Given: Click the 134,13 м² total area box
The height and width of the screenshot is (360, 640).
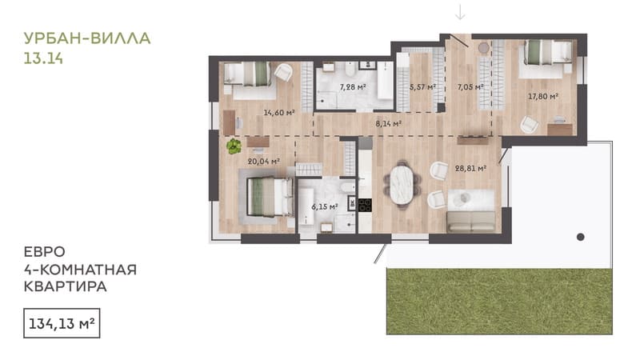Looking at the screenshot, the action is (62, 323).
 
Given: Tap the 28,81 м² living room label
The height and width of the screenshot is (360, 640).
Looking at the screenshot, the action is (470, 168).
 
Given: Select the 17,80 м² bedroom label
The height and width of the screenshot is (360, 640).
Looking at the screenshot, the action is (543, 96).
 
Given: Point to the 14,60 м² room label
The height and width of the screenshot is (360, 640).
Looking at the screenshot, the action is (278, 112).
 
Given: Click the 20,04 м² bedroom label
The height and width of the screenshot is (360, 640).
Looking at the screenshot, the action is (264, 162).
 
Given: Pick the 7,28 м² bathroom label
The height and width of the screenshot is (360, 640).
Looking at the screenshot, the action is (353, 86).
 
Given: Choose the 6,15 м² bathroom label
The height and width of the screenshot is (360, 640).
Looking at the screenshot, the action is (325, 207).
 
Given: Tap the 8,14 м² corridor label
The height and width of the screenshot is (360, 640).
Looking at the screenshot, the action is (389, 123).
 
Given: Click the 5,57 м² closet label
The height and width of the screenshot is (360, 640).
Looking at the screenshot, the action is (422, 86).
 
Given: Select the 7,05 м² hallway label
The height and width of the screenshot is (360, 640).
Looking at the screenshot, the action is (470, 86).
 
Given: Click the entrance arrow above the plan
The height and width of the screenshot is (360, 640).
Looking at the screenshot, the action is (460, 12).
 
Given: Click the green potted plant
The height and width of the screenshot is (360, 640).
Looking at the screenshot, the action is (234, 146).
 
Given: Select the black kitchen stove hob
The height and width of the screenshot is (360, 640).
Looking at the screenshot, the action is (365, 205).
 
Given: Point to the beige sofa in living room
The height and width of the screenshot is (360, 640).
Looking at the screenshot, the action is (471, 222).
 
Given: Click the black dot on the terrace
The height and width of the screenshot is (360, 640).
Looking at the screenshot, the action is (581, 237).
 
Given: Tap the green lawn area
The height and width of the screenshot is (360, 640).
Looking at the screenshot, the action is (499, 302).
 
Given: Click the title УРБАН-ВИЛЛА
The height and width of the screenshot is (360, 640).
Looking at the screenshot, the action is (87, 38).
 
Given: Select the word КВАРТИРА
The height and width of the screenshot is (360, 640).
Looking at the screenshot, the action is (66, 286).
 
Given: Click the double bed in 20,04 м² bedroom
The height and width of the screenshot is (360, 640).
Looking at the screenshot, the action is (270, 197).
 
